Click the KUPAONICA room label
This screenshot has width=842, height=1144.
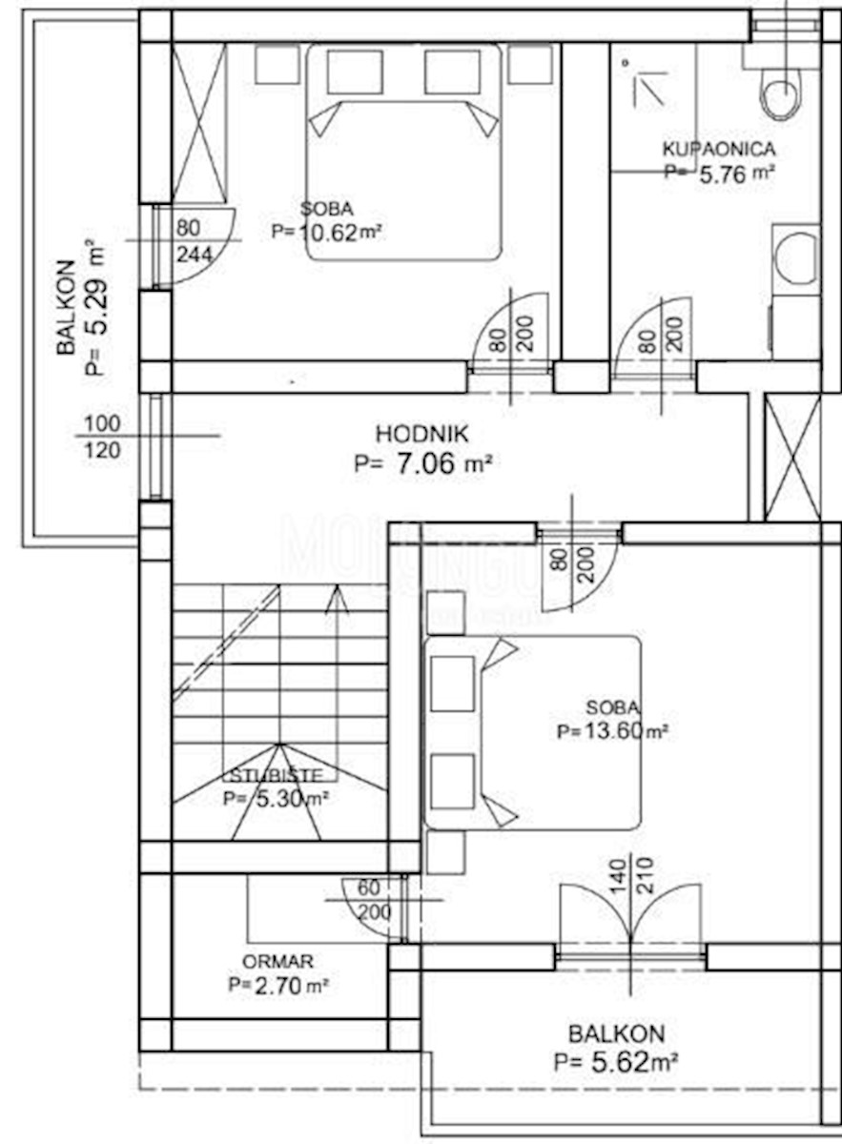tap(718, 149)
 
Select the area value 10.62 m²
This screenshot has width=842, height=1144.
tap(327, 231)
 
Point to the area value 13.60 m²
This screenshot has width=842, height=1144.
tap(612, 732)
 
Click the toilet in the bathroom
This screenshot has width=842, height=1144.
tap(779, 96)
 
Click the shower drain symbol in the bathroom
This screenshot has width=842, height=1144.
tap(626, 62)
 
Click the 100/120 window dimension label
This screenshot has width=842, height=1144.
tap(103, 437)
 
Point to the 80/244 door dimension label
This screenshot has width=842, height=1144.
tap(189, 240)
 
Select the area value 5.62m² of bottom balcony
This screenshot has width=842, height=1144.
tap(615, 1061)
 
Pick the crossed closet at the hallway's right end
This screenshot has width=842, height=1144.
tap(792, 456)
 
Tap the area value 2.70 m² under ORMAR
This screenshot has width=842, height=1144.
tap(277, 986)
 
